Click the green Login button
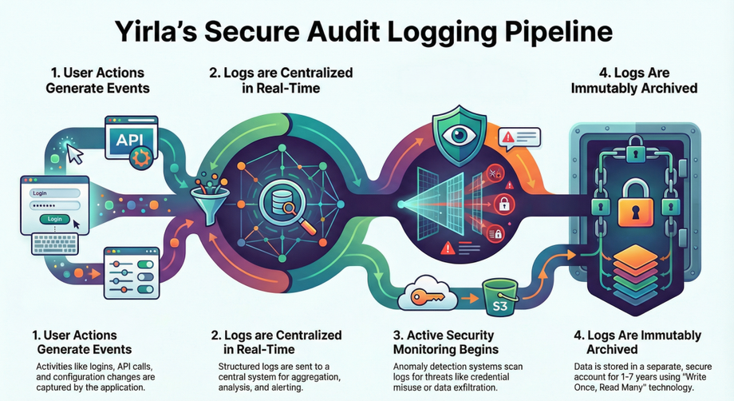[x=55, y=218]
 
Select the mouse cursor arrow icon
[x=76, y=157]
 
